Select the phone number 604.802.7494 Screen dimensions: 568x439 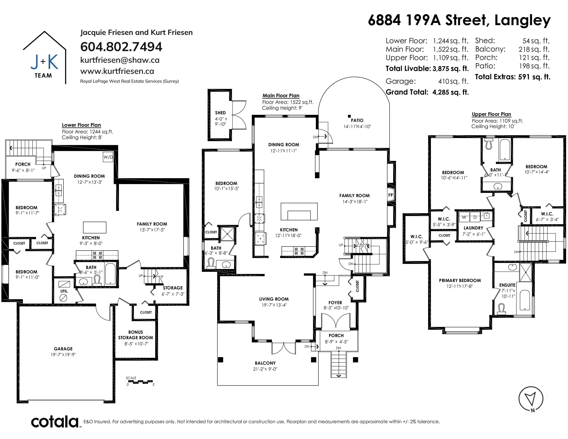pyautogui.click(x=121, y=47)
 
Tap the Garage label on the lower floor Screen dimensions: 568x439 pyautogui.click(x=63, y=349)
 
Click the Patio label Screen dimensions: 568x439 pyautogui.click(x=357, y=120)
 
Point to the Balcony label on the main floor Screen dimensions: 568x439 pyautogui.click(x=265, y=363)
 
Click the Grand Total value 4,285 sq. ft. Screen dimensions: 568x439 pyautogui.click(x=450, y=92)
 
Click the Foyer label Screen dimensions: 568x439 pyautogui.click(x=335, y=303)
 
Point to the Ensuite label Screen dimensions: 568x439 pyautogui.click(x=507, y=285)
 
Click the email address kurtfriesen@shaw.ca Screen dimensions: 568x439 pyautogui.click(x=120, y=60)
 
